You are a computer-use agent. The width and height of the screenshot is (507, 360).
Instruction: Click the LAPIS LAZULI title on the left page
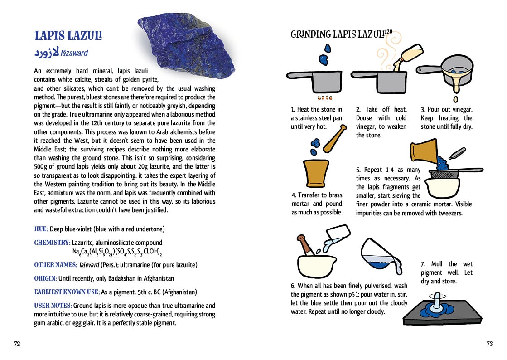(68, 36)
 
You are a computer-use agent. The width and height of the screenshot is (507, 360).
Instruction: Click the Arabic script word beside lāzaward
(46, 53)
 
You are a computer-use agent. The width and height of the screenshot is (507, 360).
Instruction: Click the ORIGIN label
(45, 278)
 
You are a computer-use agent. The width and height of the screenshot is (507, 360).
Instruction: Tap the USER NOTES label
(53, 306)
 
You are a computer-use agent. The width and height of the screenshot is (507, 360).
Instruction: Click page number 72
(17, 344)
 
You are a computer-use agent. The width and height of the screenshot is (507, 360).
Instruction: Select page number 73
(489, 344)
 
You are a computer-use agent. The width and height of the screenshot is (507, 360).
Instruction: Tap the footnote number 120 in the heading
(388, 32)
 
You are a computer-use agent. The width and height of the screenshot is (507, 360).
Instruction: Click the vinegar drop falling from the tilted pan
(455, 98)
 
